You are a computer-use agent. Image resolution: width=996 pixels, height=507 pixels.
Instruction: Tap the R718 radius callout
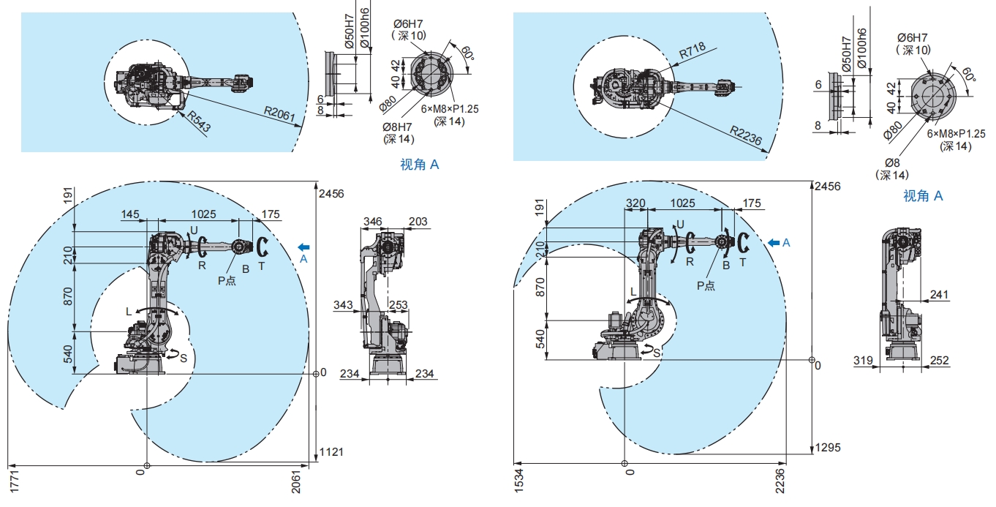(x=692, y=53)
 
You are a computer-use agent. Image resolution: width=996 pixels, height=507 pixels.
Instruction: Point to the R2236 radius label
(x=745, y=135)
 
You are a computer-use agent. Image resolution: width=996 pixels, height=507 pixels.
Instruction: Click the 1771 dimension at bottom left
(x=13, y=484)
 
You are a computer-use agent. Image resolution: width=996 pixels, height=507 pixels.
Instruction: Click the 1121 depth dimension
(x=331, y=451)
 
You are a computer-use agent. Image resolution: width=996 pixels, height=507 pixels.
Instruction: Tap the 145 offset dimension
(x=130, y=214)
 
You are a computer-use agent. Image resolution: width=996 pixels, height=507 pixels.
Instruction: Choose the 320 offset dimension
(x=635, y=203)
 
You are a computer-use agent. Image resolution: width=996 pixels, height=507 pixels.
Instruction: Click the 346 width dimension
(x=373, y=220)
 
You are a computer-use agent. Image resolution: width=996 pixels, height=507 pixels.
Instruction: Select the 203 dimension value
(x=418, y=220)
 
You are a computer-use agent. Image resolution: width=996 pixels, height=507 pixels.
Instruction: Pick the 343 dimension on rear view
(x=343, y=304)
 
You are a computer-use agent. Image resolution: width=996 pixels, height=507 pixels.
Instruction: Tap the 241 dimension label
(x=939, y=295)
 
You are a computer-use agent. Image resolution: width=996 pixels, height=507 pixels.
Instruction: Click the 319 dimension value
(x=864, y=360)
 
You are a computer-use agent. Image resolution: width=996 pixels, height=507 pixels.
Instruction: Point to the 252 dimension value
(x=939, y=360)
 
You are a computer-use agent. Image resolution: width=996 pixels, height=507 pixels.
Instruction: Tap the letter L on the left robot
(x=129, y=312)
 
